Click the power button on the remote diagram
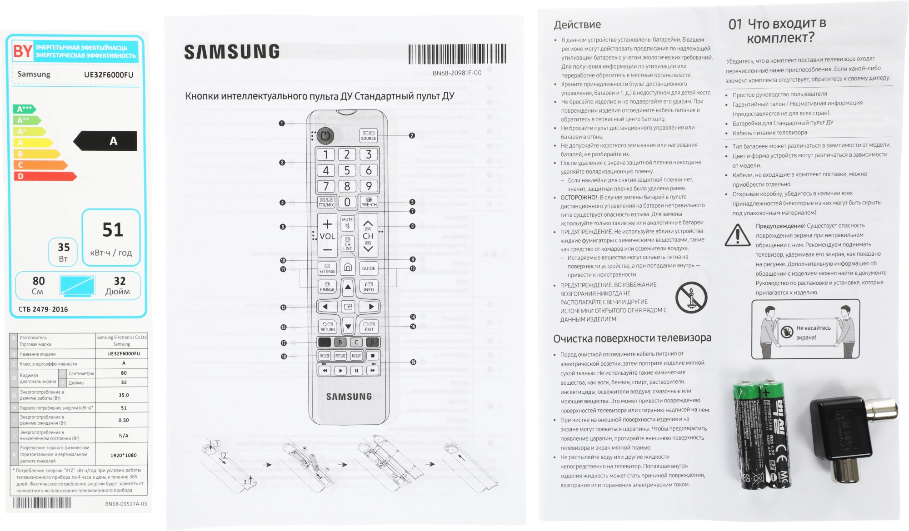pos(325,135)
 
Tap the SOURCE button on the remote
pos(368,135)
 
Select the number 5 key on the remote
pos(347,170)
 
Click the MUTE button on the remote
pos(347,223)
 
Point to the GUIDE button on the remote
pos(368,268)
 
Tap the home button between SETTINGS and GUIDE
pos(348,267)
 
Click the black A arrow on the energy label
pos(106,141)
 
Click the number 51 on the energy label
pos(112,230)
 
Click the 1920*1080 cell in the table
pos(123,455)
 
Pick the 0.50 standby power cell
pos(123,420)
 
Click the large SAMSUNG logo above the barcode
pos(232,52)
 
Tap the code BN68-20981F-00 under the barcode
pos(456,73)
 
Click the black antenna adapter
pos(845,432)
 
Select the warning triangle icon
pos(737,235)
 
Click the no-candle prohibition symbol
pos(691,298)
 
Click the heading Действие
pos(577,25)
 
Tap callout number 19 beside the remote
pos(413,362)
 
